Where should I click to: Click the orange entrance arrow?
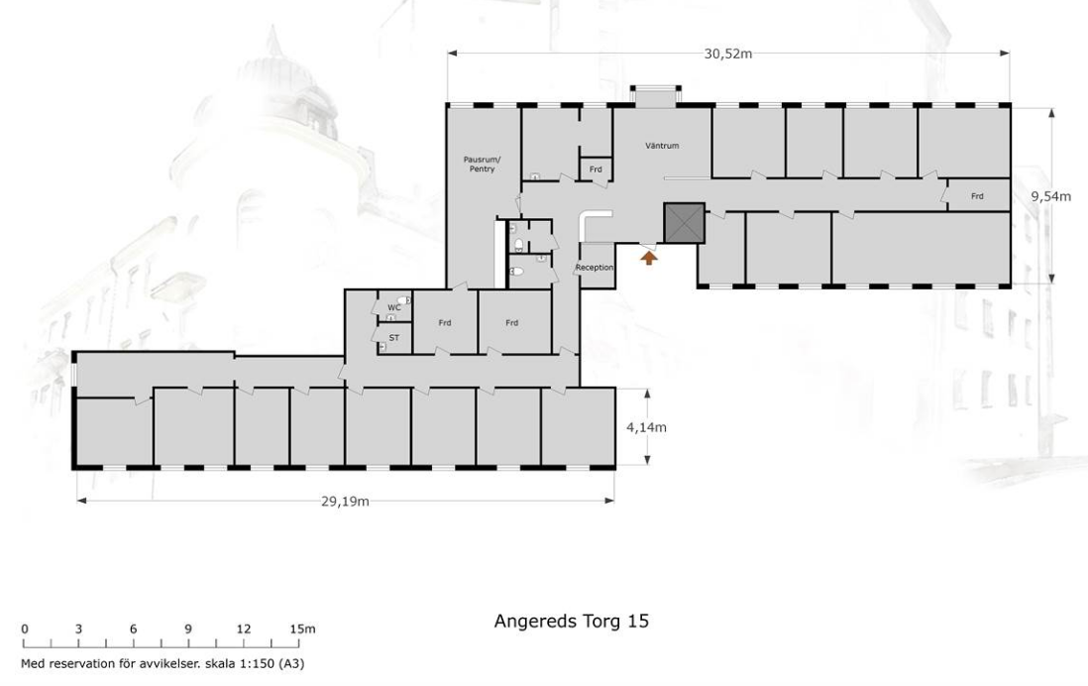pyautogui.click(x=648, y=258)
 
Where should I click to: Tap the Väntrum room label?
pyautogui.click(x=662, y=146)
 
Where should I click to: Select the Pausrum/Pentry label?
pyautogui.click(x=482, y=164)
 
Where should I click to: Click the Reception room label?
pyautogui.click(x=595, y=268)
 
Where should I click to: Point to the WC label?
pyautogui.click(x=394, y=307)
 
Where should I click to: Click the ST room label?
pyautogui.click(x=394, y=338)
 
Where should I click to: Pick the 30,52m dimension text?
pyautogui.click(x=728, y=54)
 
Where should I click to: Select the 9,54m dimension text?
pyautogui.click(x=1050, y=196)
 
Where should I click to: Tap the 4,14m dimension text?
pyautogui.click(x=646, y=427)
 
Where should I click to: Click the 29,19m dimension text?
pyautogui.click(x=345, y=502)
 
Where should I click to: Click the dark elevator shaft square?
pyautogui.click(x=684, y=223)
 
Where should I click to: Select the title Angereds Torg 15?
pyautogui.click(x=571, y=621)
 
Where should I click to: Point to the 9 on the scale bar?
pyautogui.click(x=188, y=629)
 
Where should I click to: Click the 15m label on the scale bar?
pyautogui.click(x=302, y=629)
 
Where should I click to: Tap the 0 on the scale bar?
pyautogui.click(x=25, y=629)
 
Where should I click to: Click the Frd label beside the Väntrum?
pyautogui.click(x=596, y=170)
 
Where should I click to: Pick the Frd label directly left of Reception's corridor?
pyautogui.click(x=511, y=323)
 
